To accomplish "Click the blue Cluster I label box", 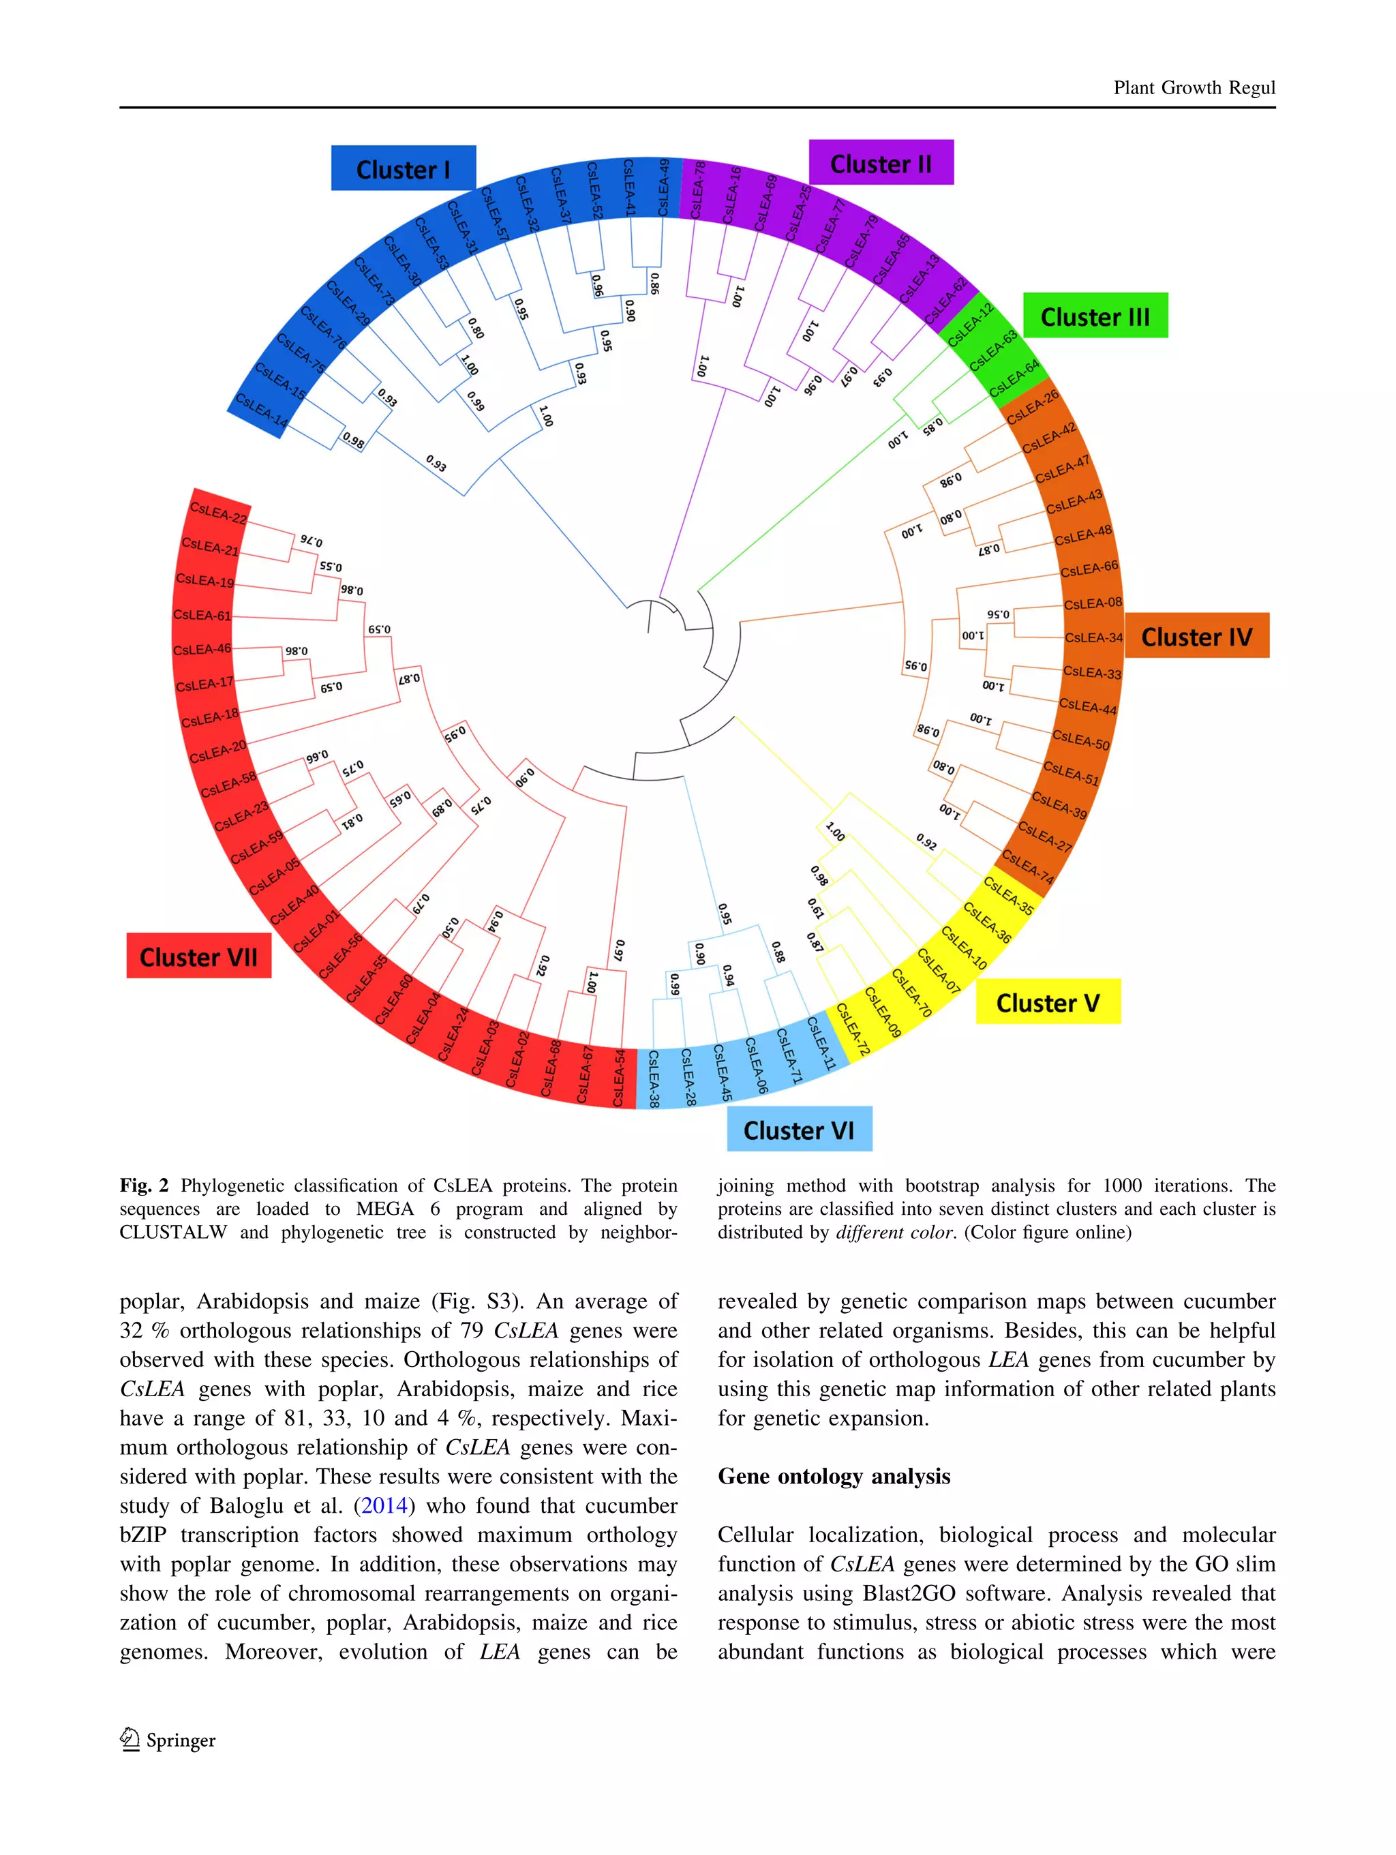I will click(404, 168).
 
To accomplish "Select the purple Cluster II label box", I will click(881, 163).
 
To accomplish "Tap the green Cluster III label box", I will click(1094, 316).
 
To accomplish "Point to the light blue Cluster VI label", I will click(798, 1129).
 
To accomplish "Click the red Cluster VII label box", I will click(199, 956).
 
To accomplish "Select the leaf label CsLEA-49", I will click(663, 188).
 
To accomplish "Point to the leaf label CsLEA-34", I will click(1093, 637).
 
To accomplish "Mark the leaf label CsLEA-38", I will click(654, 1078).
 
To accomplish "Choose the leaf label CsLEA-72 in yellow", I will click(853, 1028).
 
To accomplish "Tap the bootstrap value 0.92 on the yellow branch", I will click(926, 841).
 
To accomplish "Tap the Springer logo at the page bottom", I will click(168, 1740).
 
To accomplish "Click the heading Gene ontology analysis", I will click(834, 1477).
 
